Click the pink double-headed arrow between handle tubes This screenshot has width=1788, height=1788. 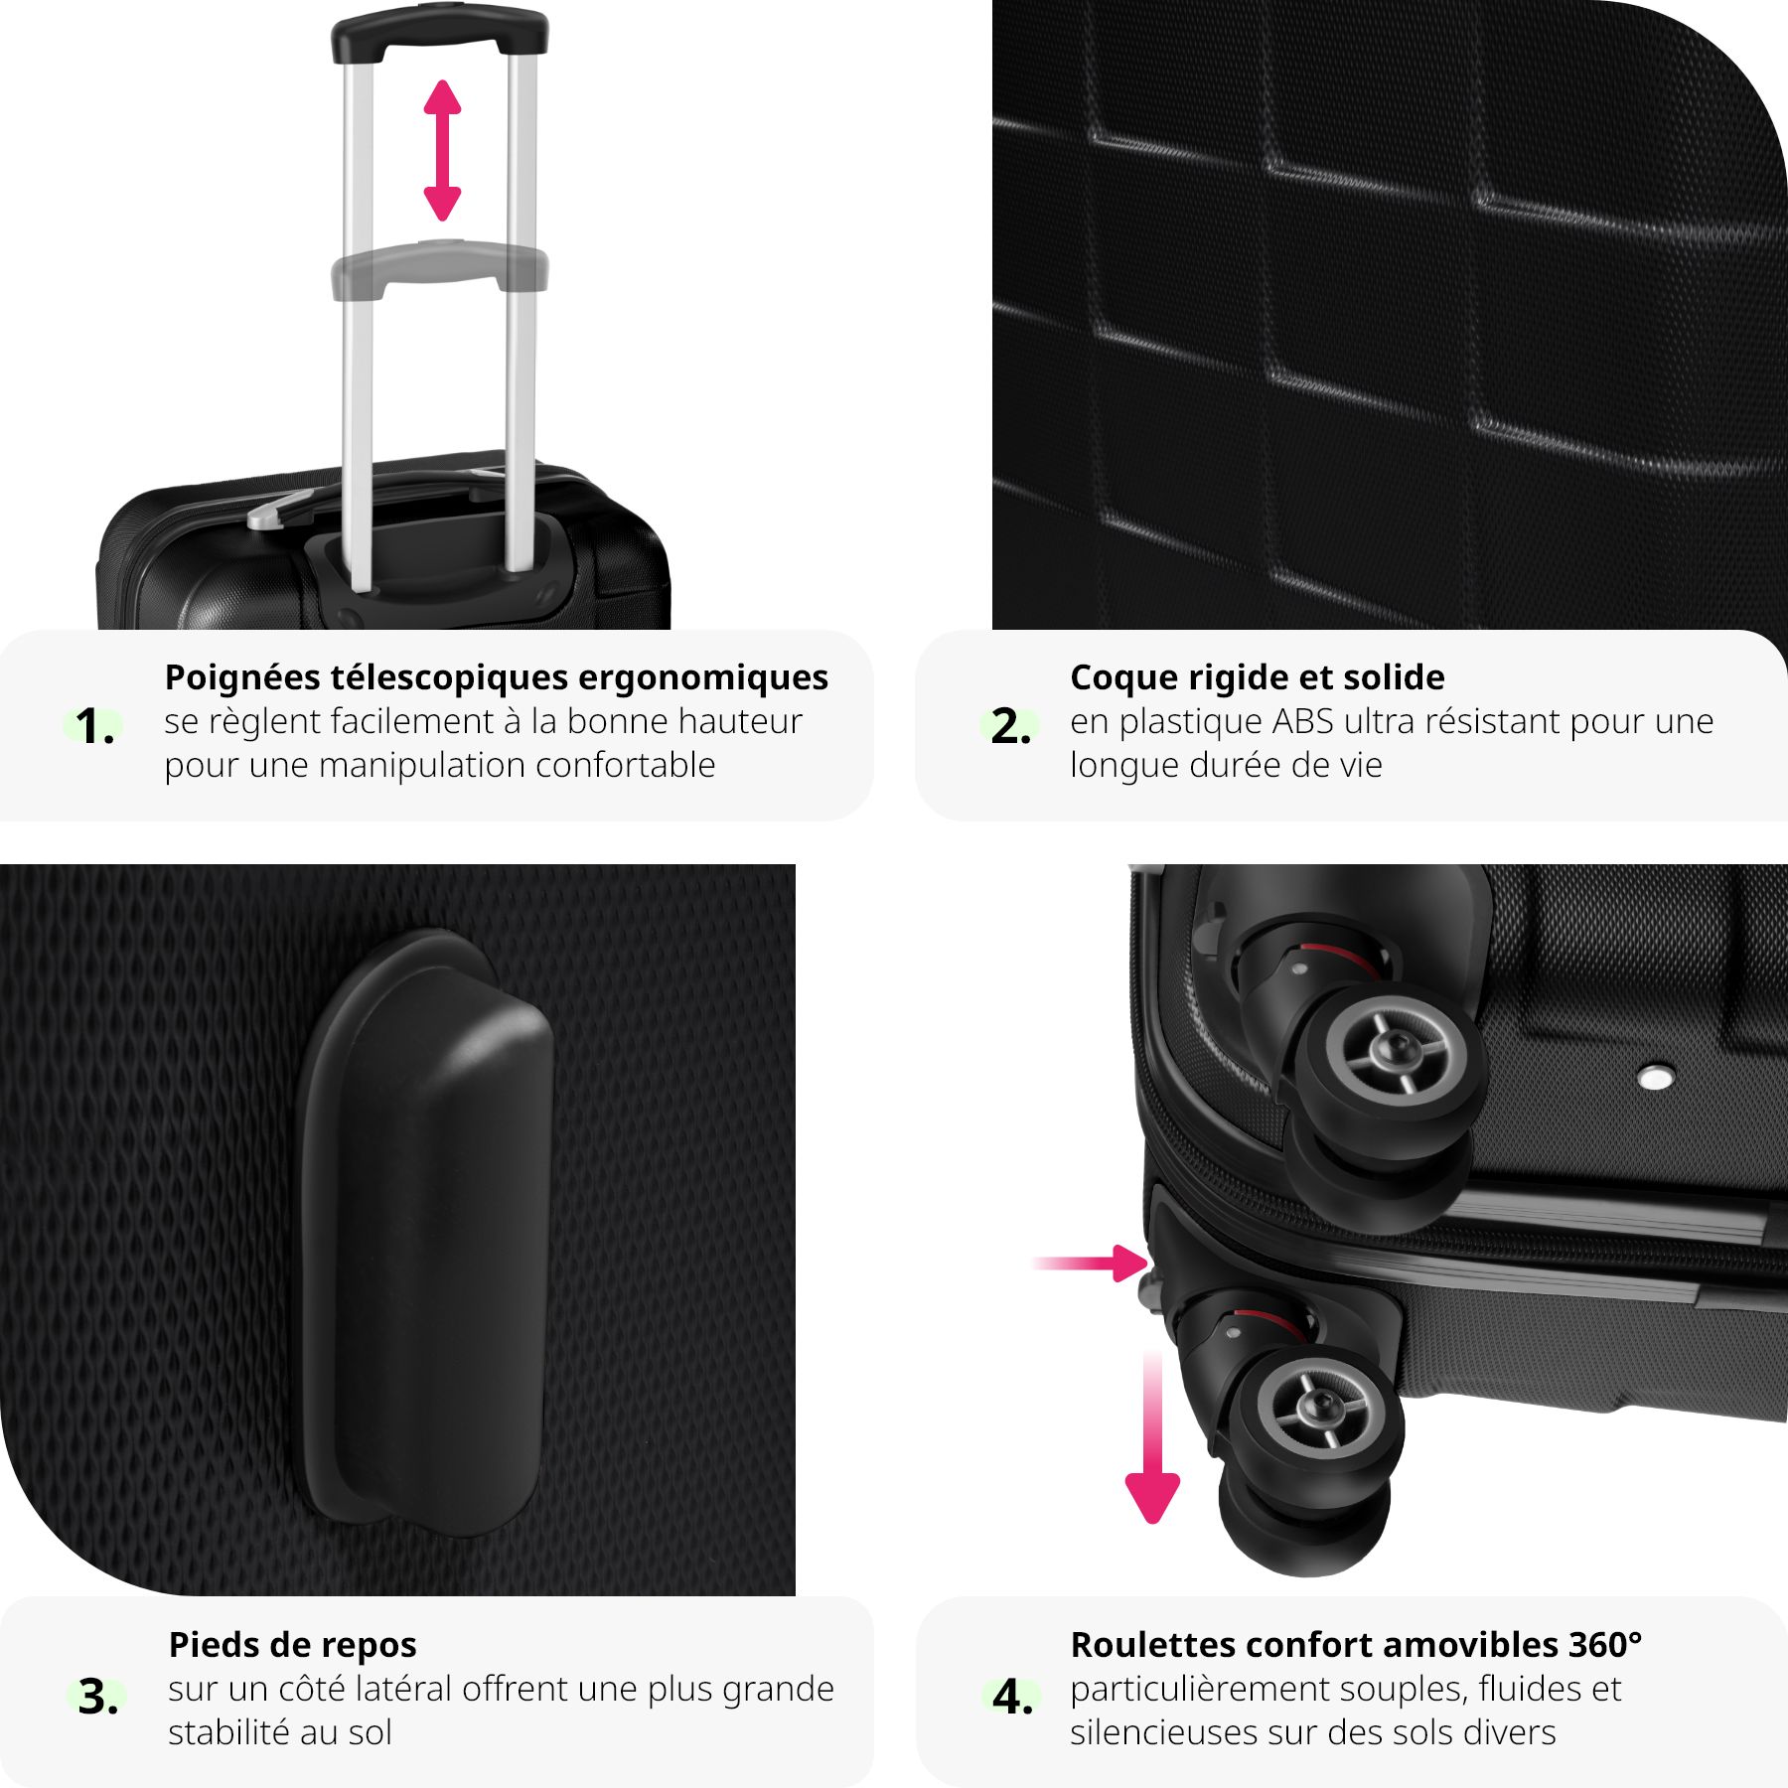click(442, 150)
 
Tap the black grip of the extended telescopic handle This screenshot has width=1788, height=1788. click(439, 33)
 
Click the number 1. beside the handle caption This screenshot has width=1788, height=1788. click(95, 727)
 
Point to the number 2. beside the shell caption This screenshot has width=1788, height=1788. click(1010, 727)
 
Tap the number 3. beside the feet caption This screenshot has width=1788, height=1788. click(98, 1697)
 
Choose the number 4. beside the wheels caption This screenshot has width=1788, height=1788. click(1012, 1697)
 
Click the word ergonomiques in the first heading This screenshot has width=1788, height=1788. click(703, 678)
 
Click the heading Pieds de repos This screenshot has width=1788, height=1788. click(293, 1645)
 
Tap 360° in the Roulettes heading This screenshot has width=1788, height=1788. click(1605, 1644)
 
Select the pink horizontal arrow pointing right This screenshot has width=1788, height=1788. click(1091, 1264)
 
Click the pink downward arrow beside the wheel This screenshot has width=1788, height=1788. click(1152, 1437)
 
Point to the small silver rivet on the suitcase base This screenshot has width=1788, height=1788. click(1655, 1076)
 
